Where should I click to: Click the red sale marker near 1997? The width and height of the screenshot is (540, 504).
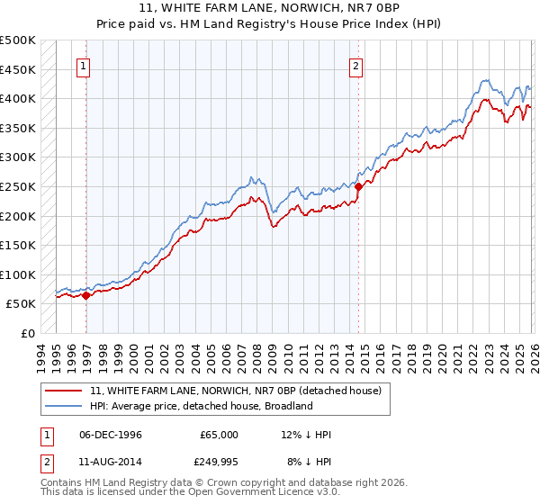tap(86, 294)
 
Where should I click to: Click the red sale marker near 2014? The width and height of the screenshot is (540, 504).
tap(358, 186)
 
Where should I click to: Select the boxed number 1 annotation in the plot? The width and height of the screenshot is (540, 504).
tap(83, 65)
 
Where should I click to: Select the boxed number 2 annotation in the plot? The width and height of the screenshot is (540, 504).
tap(356, 65)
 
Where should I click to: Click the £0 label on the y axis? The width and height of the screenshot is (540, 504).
tap(27, 333)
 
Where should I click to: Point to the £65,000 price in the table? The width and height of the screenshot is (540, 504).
tap(219, 435)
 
